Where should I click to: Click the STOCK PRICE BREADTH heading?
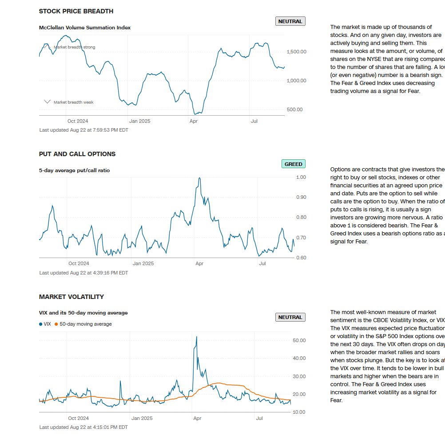tap(76, 11)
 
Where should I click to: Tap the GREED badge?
tap(293, 164)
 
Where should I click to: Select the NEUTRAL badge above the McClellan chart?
tap(290, 21)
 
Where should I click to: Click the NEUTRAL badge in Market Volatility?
tap(290, 317)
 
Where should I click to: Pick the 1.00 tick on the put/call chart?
tap(301, 177)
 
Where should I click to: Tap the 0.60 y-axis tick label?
tap(301, 258)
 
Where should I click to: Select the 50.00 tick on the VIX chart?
tap(299, 340)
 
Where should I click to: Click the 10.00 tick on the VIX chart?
tap(299, 412)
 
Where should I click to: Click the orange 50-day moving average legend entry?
tap(83, 324)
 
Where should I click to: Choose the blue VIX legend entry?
tap(45, 324)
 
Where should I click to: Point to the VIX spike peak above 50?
tap(196, 337)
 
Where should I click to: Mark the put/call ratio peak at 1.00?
tap(199, 178)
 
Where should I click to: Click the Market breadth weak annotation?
tap(73, 102)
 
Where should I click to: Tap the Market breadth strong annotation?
tap(74, 47)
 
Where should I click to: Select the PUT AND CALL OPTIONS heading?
tap(77, 154)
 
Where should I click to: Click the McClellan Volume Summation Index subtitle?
tap(85, 28)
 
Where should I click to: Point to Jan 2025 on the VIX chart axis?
tap(142, 418)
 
